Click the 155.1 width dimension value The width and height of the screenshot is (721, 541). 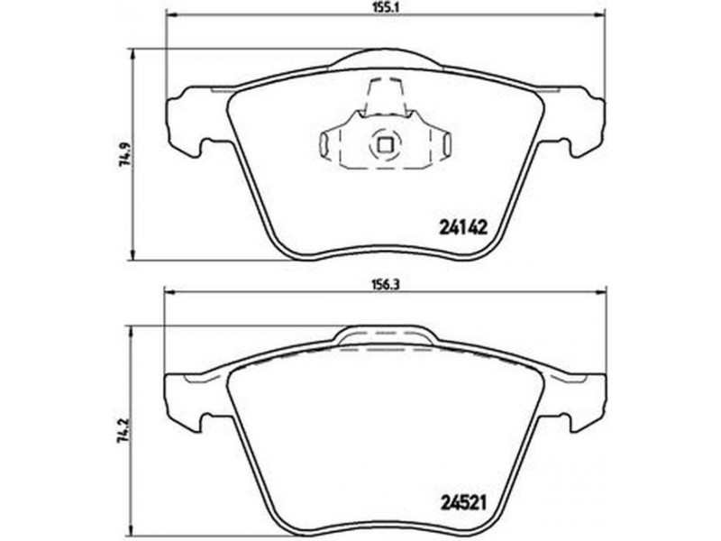tap(385, 8)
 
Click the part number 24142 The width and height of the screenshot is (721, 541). tap(463, 227)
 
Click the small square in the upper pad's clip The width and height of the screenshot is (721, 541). tap(385, 145)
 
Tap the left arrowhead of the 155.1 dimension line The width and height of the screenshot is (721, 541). tap(171, 14)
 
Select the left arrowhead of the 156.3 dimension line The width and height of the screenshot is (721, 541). tap(171, 291)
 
